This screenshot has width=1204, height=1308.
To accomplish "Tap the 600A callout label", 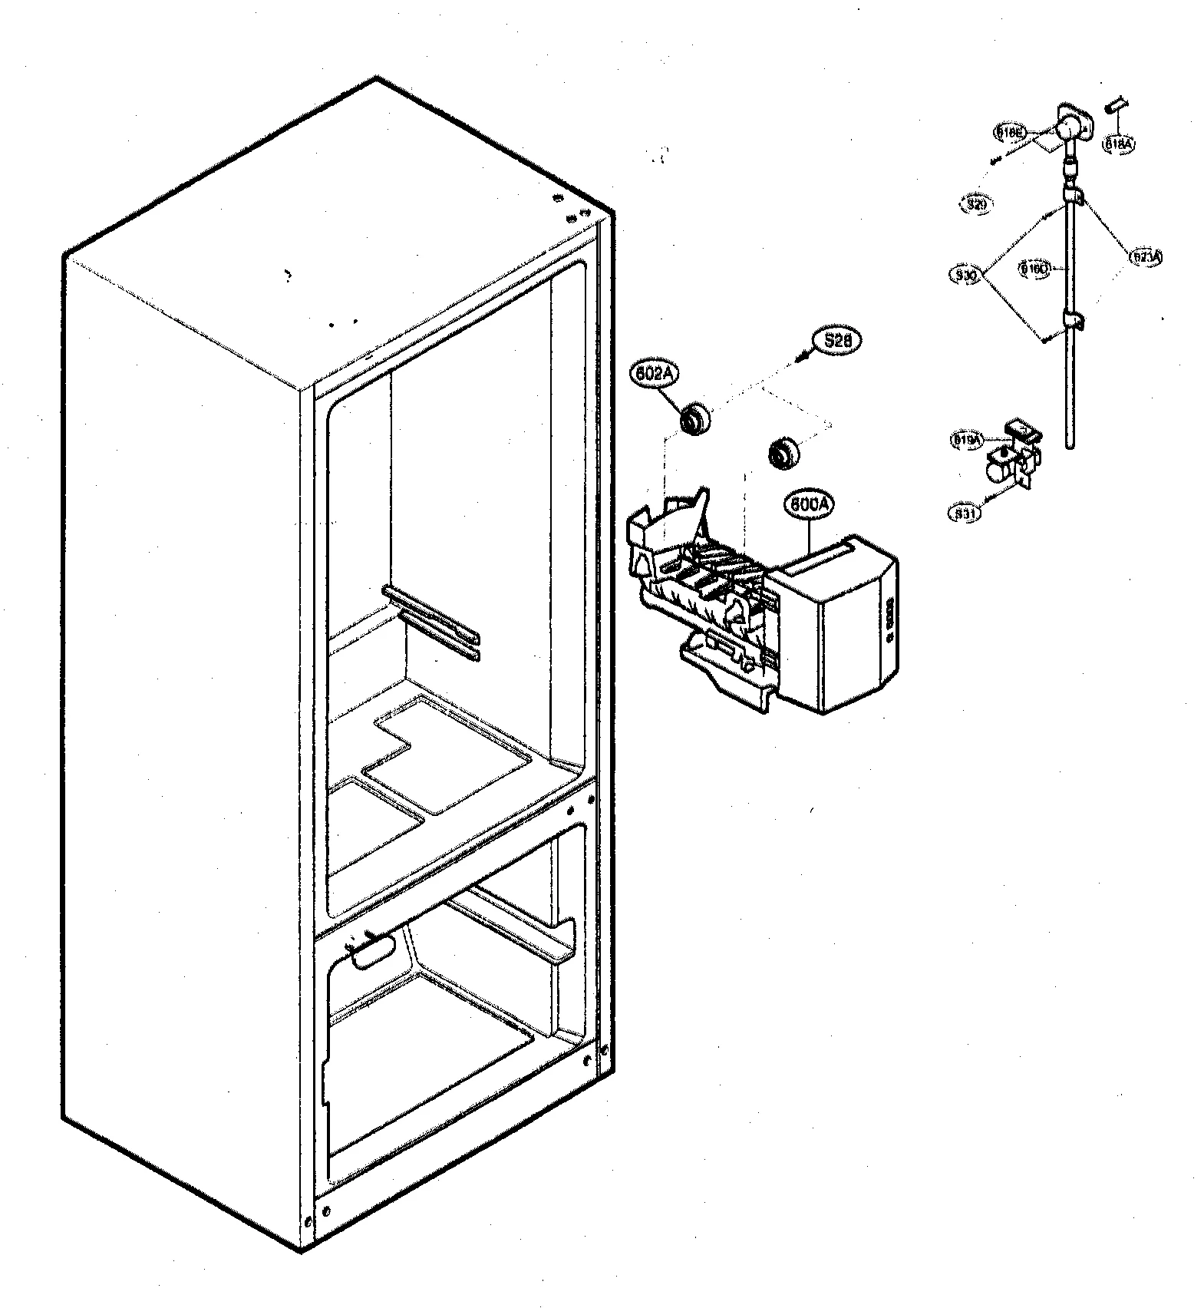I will click(x=808, y=506).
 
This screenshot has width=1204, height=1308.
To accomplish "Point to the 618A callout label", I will click(x=1119, y=143).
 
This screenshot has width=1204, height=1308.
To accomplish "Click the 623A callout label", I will click(x=1146, y=257).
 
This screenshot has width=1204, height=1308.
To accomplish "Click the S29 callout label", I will click(x=975, y=204).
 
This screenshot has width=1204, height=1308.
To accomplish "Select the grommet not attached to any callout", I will click(x=782, y=453).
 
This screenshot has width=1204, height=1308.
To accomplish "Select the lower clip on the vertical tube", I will click(x=1074, y=320).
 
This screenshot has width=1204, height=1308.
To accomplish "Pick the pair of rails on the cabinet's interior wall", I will click(x=430, y=623).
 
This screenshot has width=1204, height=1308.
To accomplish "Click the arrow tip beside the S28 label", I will click(x=801, y=358).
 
